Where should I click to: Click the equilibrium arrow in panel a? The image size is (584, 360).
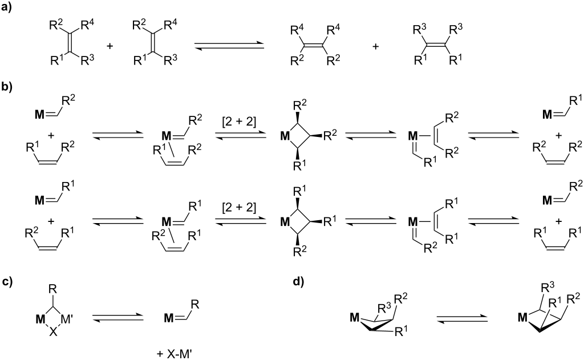point(229,46)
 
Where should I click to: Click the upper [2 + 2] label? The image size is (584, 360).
point(239,122)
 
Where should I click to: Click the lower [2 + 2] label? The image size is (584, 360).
point(239,207)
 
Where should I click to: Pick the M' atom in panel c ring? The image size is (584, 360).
point(68,319)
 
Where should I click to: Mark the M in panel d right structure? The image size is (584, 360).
point(524,318)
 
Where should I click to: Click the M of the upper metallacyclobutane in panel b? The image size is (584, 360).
point(285,136)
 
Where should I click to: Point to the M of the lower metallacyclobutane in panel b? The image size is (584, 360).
point(285,222)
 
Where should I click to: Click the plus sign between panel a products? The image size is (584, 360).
point(376,46)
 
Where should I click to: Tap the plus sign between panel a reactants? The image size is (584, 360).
point(110,46)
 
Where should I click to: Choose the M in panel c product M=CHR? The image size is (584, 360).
point(169,318)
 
